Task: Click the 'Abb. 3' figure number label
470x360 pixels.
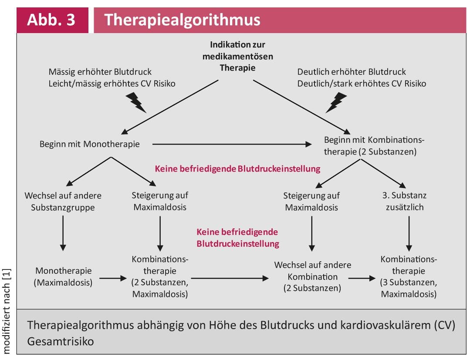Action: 51,20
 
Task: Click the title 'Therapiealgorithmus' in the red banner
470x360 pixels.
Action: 182,20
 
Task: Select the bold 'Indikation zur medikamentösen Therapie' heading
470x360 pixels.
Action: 237,56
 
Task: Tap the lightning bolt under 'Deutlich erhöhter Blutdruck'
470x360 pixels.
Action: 336,102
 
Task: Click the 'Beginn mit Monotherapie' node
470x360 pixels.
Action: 90,144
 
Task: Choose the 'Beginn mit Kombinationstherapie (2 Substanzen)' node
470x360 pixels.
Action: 374,146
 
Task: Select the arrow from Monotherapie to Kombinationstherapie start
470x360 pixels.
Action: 231,144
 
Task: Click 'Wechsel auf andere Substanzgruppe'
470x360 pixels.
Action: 63,201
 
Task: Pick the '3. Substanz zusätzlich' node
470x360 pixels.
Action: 409,201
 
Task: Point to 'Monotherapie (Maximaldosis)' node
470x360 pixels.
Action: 63,276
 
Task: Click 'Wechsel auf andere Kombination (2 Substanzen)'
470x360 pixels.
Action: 312,276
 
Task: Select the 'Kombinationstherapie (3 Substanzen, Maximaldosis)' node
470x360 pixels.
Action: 409,276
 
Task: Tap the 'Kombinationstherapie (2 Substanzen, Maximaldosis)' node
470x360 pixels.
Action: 160,276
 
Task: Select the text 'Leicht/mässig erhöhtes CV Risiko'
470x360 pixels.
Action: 112,83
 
